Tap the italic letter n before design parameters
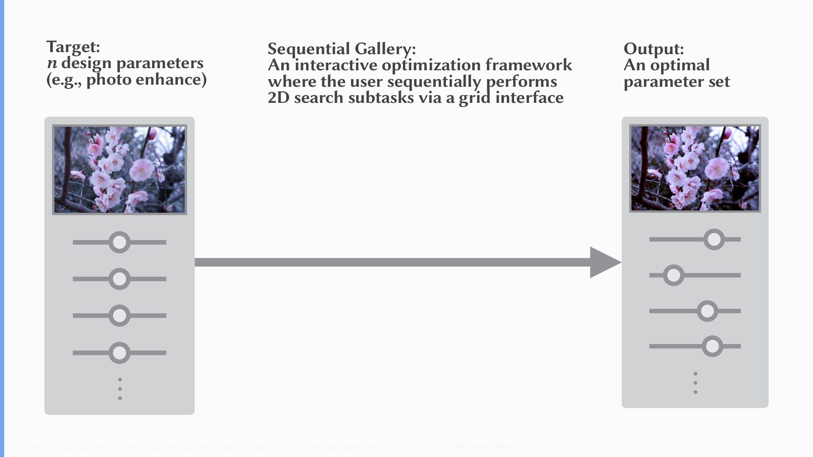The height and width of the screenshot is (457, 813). [52, 63]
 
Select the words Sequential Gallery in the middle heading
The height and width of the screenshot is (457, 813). [341, 49]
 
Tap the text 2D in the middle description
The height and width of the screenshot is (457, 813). [278, 98]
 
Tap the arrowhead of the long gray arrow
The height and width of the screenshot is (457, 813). [604, 262]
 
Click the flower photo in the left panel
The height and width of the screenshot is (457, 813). [119, 169]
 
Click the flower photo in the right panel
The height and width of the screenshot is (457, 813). [695, 168]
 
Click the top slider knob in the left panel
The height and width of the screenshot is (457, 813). [119, 242]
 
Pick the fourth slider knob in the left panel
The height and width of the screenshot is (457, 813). [119, 352]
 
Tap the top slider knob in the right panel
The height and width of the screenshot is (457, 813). [714, 240]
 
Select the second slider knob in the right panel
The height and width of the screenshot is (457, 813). [673, 275]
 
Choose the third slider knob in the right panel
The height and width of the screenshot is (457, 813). [707, 311]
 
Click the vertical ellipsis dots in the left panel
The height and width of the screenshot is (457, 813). [120, 389]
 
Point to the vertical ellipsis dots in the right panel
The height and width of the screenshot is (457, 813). [695, 383]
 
